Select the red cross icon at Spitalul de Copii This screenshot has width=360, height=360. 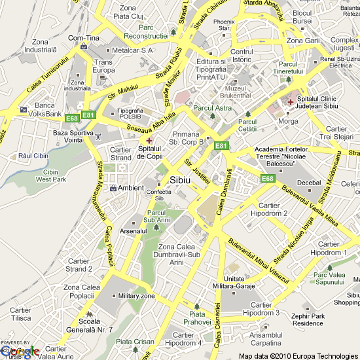coord(149,140)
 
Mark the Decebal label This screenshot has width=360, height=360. coord(310,183)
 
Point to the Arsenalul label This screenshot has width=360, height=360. coord(134,231)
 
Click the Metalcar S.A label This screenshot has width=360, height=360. coord(132,50)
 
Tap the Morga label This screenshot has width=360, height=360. coord(288,121)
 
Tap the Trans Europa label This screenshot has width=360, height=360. coord(103,66)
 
